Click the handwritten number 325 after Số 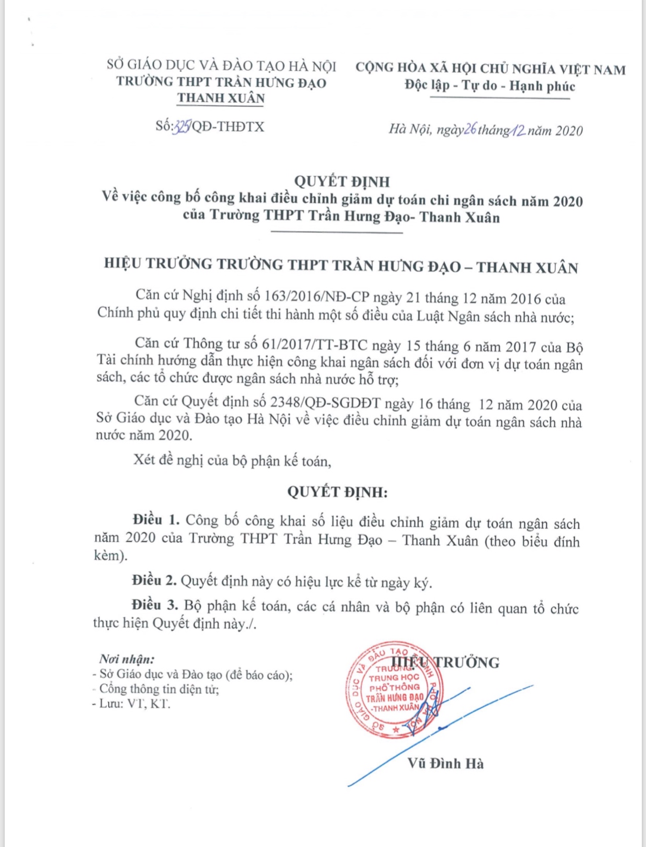click(x=183, y=126)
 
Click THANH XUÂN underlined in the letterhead click(x=221, y=98)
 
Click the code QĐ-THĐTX click(x=228, y=126)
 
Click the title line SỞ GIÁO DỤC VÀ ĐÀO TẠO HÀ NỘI click(x=221, y=66)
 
